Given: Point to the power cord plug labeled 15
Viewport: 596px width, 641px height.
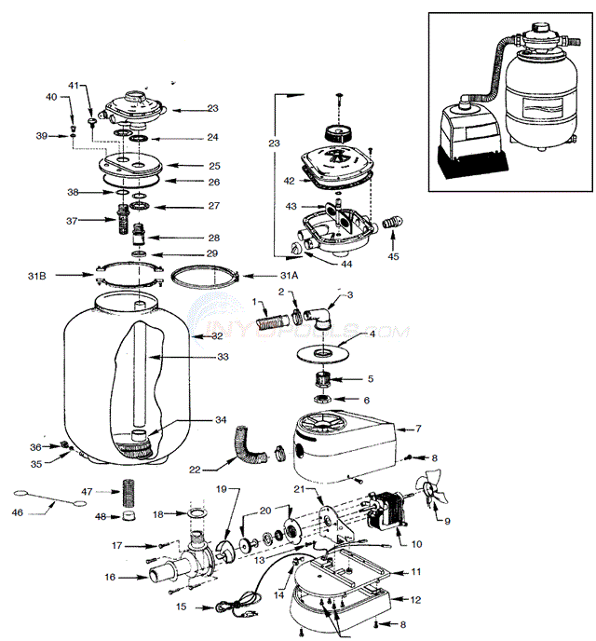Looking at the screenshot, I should (227, 607).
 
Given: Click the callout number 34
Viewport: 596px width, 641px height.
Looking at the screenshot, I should (220, 420).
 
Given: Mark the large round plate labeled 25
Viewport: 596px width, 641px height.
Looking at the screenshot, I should (135, 164).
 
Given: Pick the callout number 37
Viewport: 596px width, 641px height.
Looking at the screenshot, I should (72, 221).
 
